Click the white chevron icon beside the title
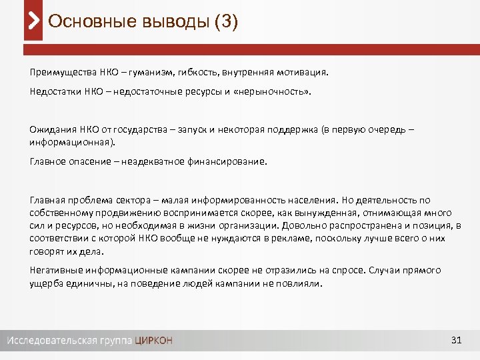(x=34, y=22)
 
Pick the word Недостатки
(x=56, y=91)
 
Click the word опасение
(x=94, y=161)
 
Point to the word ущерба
(x=45, y=283)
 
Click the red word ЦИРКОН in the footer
(x=153, y=341)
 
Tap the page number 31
(x=456, y=341)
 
